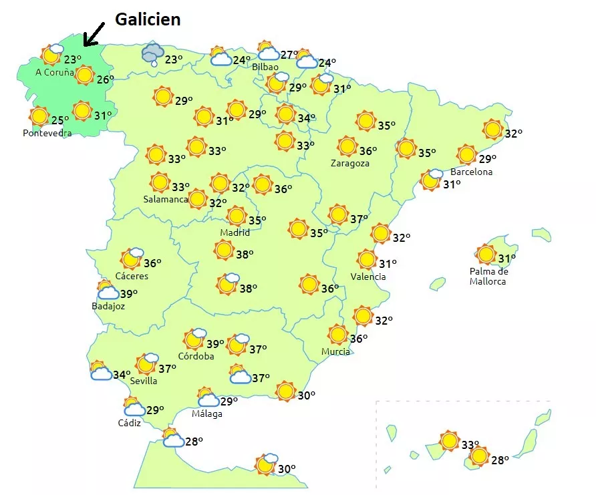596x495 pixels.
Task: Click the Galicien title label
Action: click(x=148, y=19)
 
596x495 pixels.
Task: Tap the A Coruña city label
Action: click(x=55, y=72)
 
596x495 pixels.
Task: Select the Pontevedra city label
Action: click(x=47, y=133)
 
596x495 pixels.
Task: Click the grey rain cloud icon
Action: click(x=154, y=53)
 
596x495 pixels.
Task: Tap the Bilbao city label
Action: click(x=265, y=67)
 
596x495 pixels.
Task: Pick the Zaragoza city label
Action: click(x=349, y=163)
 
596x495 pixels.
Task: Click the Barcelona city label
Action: click(x=471, y=172)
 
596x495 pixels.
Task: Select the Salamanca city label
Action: click(x=165, y=199)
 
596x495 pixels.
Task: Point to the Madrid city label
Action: click(x=235, y=232)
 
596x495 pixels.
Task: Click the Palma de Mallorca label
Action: click(x=488, y=276)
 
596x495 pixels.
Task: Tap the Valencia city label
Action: click(x=368, y=277)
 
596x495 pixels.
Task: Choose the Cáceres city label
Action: click(x=132, y=276)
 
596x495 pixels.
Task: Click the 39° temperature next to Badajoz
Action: click(x=128, y=293)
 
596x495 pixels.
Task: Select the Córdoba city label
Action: click(x=196, y=356)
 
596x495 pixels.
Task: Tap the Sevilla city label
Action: click(x=144, y=381)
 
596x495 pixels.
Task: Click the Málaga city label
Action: click(x=207, y=414)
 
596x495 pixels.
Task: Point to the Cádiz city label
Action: click(x=130, y=423)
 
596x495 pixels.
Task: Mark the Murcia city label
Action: click(x=335, y=351)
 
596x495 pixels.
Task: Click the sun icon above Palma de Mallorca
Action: click(x=486, y=255)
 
